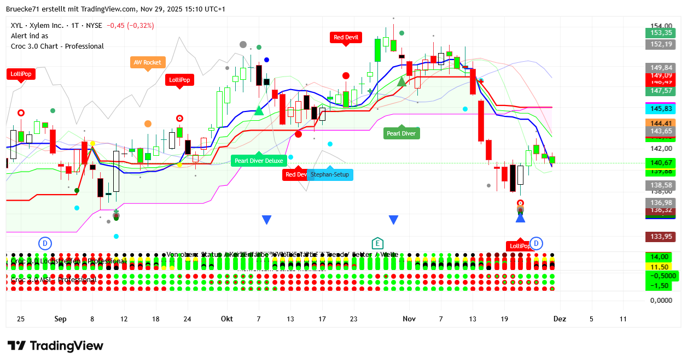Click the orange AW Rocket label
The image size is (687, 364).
(x=148, y=62)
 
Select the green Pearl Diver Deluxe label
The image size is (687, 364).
(x=259, y=161)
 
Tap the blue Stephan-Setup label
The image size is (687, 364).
(x=330, y=175)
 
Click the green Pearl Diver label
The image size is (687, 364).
(x=401, y=133)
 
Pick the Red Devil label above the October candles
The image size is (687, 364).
(x=346, y=38)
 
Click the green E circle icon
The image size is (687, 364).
(x=377, y=243)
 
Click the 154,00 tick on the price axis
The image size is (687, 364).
(x=661, y=26)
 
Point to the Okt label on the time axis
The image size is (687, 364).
(x=227, y=319)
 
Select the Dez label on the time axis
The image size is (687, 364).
(x=559, y=319)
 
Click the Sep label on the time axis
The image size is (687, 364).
(x=60, y=319)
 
